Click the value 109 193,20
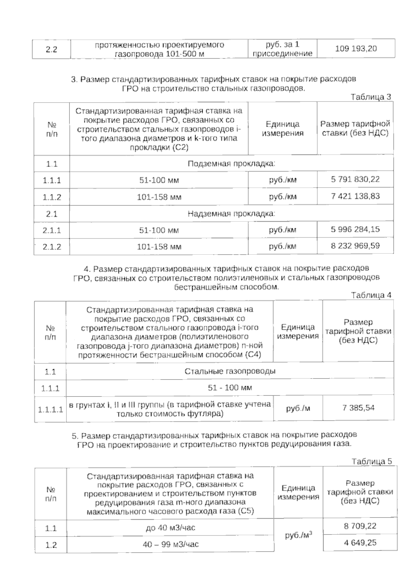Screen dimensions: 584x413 point(356,49)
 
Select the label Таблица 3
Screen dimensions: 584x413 point(371,97)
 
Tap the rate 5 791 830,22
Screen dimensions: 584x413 point(355,179)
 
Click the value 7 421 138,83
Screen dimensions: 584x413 point(355,196)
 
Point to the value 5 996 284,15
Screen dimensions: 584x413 point(355,229)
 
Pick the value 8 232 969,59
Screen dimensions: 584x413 point(355,246)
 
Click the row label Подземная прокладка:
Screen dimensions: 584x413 point(231,163)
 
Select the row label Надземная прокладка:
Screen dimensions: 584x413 point(231,214)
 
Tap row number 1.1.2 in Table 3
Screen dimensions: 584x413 point(52,197)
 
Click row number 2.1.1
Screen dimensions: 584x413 point(52,230)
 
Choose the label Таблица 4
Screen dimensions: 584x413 point(371,295)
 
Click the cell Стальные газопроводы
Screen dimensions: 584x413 point(230,371)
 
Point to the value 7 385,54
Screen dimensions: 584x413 point(358,408)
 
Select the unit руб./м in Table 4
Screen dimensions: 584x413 point(298,408)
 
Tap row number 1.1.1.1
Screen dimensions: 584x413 point(50,410)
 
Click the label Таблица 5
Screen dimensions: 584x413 point(372,461)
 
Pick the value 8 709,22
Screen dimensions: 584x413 point(360,526)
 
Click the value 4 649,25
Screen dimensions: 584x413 point(360,543)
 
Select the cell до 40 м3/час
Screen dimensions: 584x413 point(170,528)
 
